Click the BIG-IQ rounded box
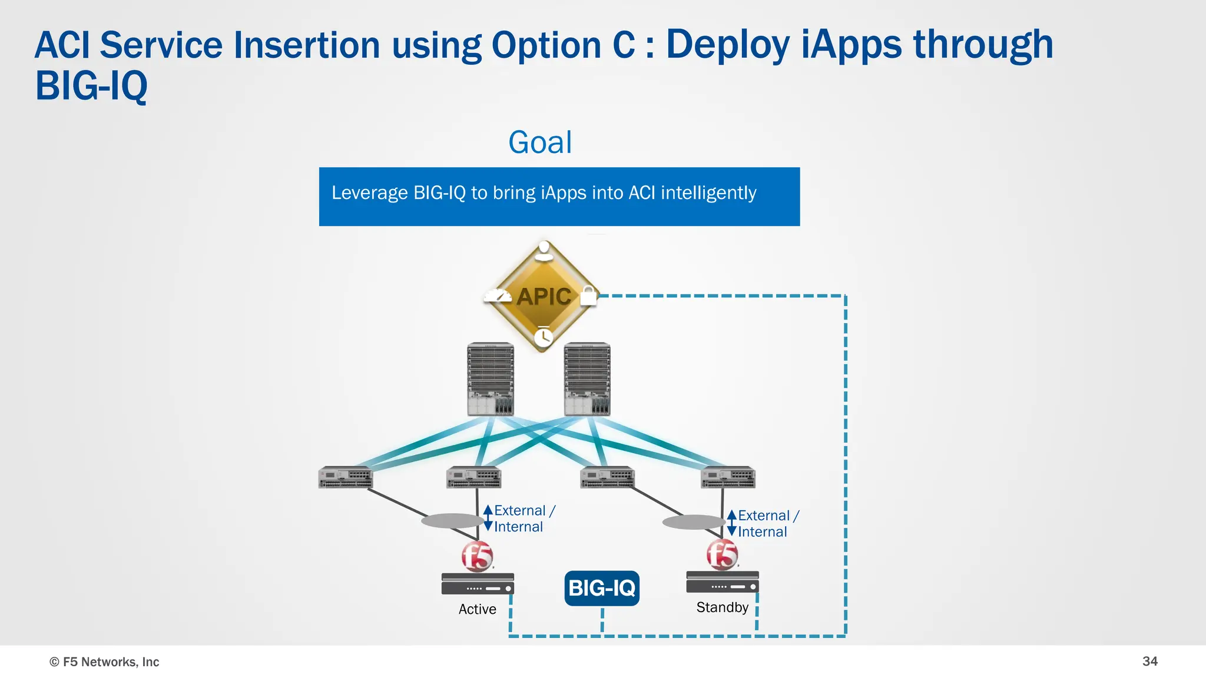pos(601,588)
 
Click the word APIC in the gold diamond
pos(544,296)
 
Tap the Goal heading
pos(540,142)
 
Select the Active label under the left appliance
pos(477,609)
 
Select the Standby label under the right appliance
pos(722,607)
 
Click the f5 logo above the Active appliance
pos(477,556)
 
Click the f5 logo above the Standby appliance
pos(722,554)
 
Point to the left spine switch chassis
pos(491,379)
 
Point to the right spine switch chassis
pos(587,379)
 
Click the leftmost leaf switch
pos(345,477)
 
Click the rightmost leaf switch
pos(728,477)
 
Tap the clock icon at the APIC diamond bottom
pos(543,337)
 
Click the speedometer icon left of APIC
pos(498,295)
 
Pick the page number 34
pos(1149,661)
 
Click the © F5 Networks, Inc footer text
pos(104,662)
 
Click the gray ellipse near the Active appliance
pos(452,520)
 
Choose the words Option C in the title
pos(563,45)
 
